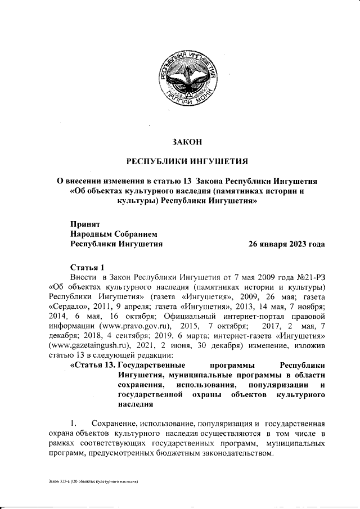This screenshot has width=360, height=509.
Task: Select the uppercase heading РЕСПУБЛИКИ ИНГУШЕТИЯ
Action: pos(186,162)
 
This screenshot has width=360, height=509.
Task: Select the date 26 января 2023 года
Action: pos(286,244)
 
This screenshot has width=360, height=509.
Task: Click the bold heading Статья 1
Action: pos(87,267)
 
